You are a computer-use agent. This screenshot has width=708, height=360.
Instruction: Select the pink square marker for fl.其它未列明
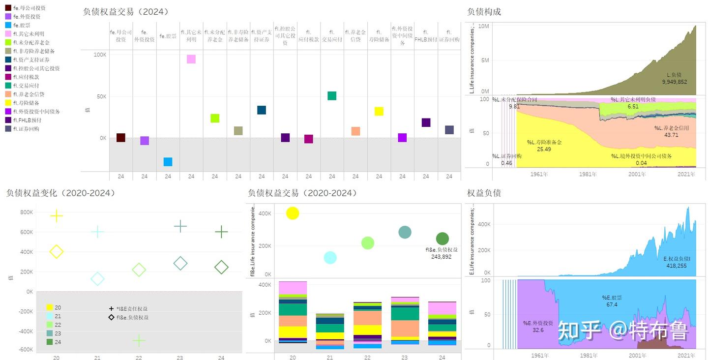pos(191,59)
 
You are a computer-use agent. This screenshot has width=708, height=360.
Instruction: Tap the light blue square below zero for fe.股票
pos(168,162)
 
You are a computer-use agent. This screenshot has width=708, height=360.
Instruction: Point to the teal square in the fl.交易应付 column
pos(332,96)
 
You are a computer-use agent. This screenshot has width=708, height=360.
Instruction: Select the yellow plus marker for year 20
pos(57,215)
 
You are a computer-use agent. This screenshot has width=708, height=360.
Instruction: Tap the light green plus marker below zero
pos(139,340)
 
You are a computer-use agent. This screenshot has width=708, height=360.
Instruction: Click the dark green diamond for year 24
pos(221,268)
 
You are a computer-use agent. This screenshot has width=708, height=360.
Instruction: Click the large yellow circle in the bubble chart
pos(293,213)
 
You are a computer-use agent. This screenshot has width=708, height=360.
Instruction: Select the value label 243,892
pos(441,257)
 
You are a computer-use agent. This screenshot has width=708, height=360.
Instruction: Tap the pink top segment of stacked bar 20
pos(293,288)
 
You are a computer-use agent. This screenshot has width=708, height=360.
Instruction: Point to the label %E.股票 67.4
pos(612,301)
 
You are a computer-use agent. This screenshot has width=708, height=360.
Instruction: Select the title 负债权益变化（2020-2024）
pos(61,193)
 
